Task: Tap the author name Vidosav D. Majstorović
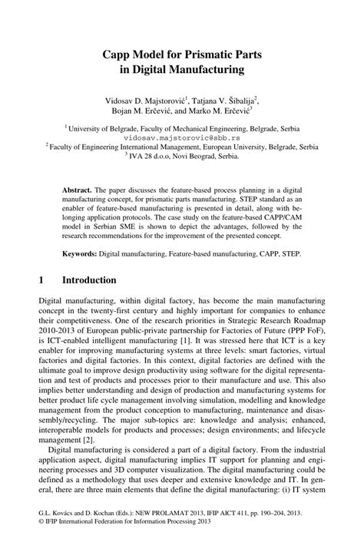[145, 100]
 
